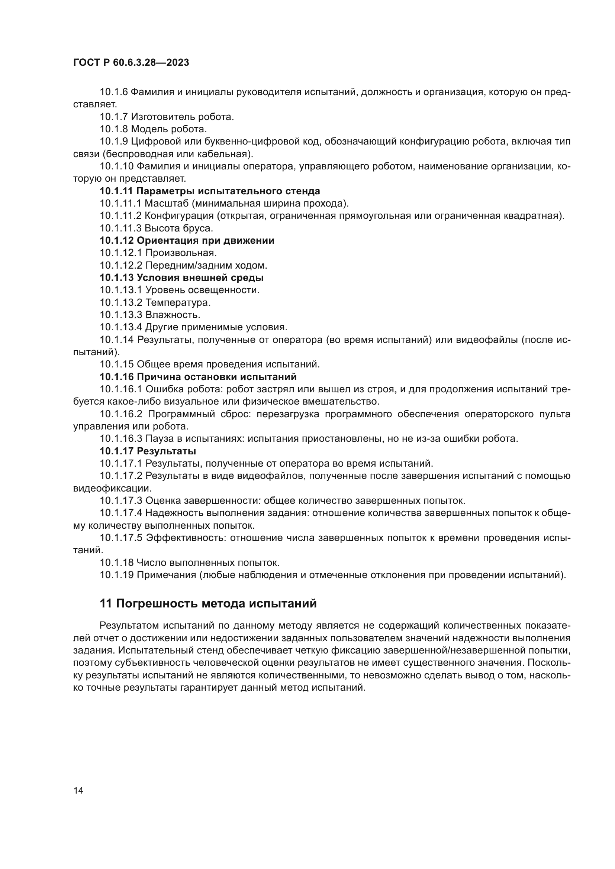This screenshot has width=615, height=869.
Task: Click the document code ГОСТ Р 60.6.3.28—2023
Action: [131, 63]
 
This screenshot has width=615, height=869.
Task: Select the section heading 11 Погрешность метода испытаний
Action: [208, 603]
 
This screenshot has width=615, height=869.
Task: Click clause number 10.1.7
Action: [114, 117]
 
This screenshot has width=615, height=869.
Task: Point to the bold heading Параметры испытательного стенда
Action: [228, 191]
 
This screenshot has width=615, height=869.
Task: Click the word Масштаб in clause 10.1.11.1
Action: [167, 203]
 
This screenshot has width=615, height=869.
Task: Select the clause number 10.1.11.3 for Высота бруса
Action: [121, 228]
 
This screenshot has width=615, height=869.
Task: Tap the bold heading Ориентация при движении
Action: [205, 240]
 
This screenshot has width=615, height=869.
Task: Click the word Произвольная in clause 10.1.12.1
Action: [181, 253]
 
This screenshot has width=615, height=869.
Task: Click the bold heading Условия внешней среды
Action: [200, 278]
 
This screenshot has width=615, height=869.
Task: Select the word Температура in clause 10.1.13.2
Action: [178, 302]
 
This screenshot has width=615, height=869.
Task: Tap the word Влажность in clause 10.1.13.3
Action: [173, 315]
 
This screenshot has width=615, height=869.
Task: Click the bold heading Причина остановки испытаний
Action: [216, 377]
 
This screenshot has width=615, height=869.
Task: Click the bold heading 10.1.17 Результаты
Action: [148, 451]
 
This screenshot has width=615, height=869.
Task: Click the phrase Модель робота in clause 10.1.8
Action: [169, 129]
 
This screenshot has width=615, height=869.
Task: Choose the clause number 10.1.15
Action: [117, 364]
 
